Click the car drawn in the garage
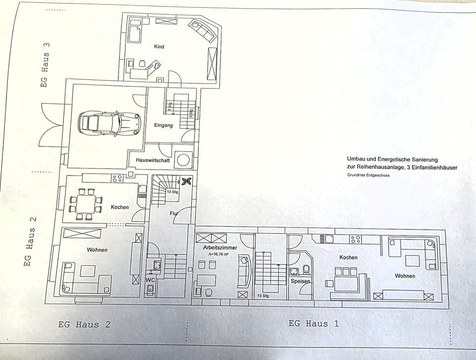[x=110, y=123]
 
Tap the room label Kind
[x=159, y=47]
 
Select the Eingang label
[x=163, y=125]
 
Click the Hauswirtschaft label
[x=153, y=160]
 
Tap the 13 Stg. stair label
[x=172, y=192]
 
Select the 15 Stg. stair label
[x=263, y=296]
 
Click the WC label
[x=151, y=280]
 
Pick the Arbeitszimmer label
[x=220, y=248]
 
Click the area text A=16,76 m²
[x=218, y=254]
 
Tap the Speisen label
[x=300, y=281]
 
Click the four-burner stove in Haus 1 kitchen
[x=355, y=239]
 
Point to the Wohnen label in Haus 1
[x=405, y=276]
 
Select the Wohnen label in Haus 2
[x=97, y=250]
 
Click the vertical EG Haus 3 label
[x=45, y=65]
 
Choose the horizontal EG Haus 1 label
[x=313, y=324]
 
